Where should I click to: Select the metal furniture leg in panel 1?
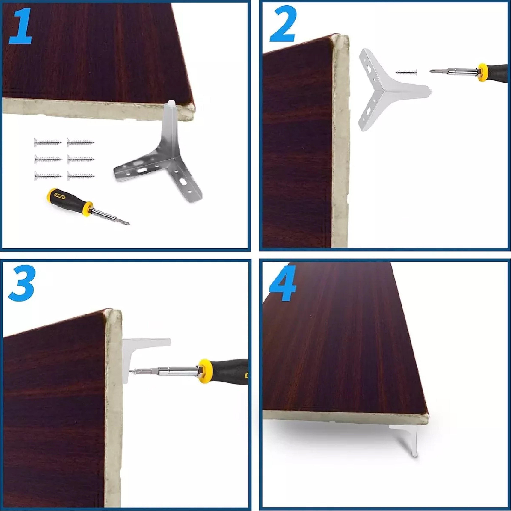[164, 159]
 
